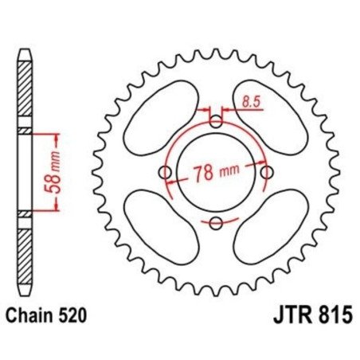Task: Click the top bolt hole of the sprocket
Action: coord(216,121)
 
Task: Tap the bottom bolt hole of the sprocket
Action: coord(216,223)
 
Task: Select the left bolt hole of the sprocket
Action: coord(165,173)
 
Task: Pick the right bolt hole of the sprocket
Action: coord(267,173)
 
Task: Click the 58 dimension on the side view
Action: coord(49,183)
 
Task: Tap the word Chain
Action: coord(29,315)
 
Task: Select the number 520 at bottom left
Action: coord(72,315)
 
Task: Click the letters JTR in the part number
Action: coord(292,315)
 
